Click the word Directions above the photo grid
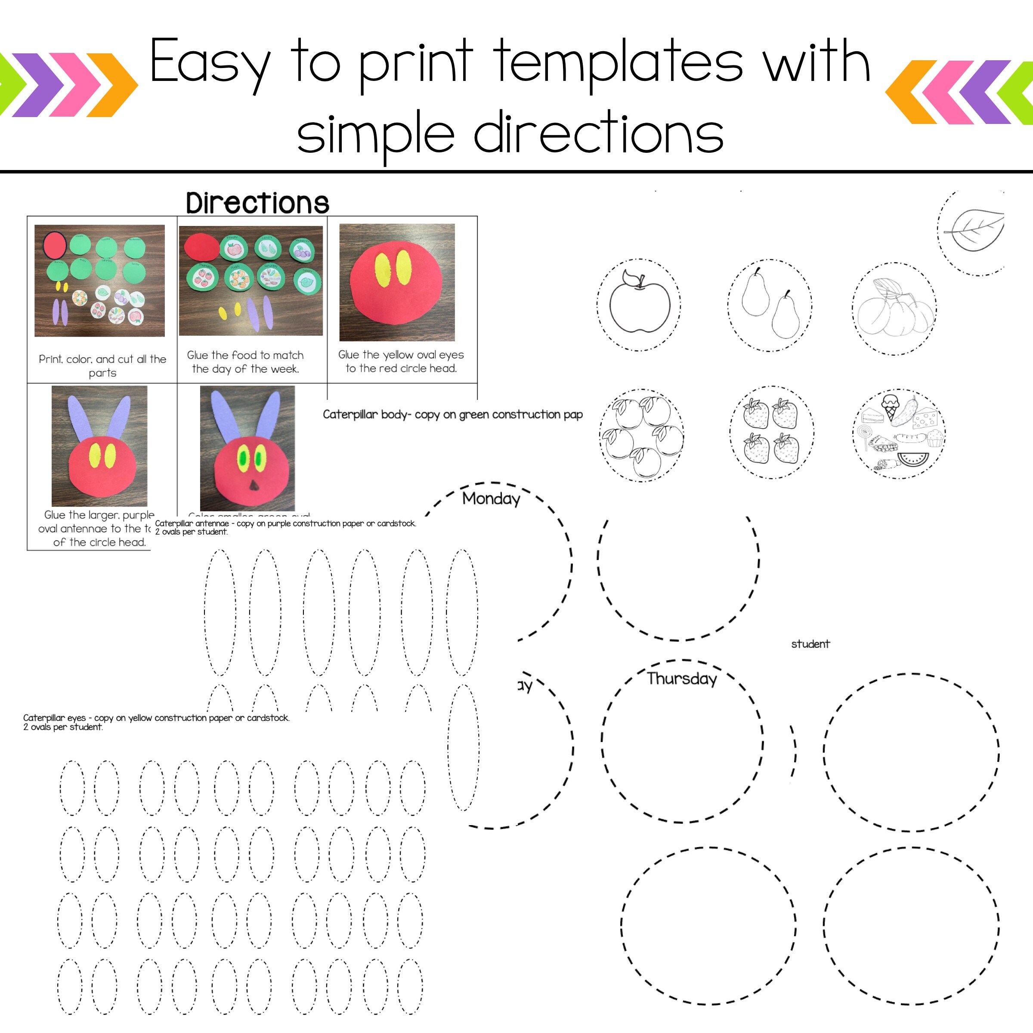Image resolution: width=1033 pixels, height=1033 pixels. click(257, 203)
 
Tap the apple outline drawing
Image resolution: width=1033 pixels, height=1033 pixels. click(640, 303)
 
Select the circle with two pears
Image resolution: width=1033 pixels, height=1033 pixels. click(770, 305)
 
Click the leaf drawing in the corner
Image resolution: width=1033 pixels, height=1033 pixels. click(975, 229)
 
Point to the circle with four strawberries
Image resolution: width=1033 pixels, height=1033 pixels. click(772, 432)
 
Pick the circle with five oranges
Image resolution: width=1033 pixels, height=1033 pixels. click(641, 435)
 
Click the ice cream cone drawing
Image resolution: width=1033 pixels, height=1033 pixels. click(889, 407)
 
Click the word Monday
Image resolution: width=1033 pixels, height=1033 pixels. click(491, 499)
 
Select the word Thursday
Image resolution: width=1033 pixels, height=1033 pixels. click(682, 678)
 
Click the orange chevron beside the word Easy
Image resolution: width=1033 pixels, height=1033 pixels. click(113, 84)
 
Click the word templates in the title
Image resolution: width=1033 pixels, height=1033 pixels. click(618, 63)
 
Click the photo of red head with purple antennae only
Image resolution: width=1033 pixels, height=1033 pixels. click(99, 446)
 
